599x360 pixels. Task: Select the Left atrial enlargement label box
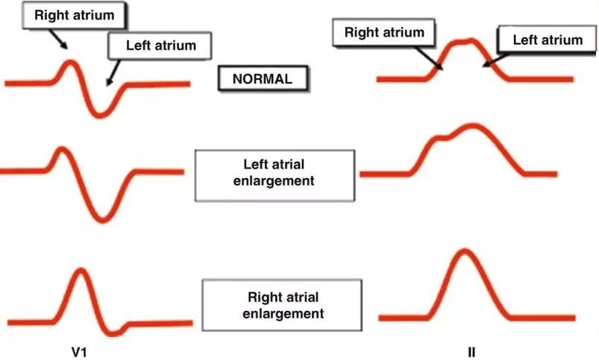[x=274, y=174]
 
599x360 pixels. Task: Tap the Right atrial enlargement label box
[x=283, y=305]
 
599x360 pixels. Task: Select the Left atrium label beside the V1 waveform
[x=160, y=45]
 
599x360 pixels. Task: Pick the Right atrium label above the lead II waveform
[x=384, y=33]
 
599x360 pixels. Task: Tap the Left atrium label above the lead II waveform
[x=548, y=40]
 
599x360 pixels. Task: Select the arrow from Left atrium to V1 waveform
[x=113, y=72]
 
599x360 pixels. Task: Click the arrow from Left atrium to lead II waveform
[x=492, y=60]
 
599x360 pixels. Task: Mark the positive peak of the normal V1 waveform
[x=70, y=62]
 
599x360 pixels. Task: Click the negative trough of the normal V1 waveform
[x=102, y=114]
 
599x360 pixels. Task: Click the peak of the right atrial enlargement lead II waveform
[x=463, y=251]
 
